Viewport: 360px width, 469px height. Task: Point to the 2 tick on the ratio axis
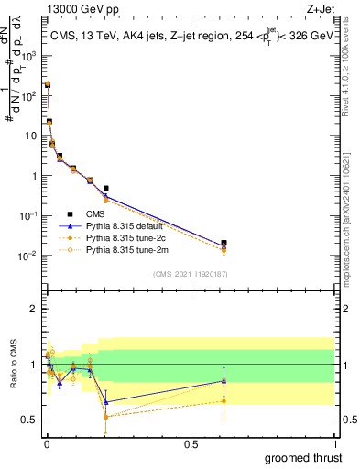pos(33,309)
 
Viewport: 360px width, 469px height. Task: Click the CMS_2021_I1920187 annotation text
pos(190,274)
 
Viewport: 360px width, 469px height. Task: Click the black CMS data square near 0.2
pos(106,189)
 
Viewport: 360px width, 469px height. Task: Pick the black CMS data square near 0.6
pos(224,244)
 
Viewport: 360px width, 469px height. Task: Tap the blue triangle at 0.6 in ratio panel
pos(224,381)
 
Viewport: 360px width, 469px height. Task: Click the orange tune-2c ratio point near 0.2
pos(106,417)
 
